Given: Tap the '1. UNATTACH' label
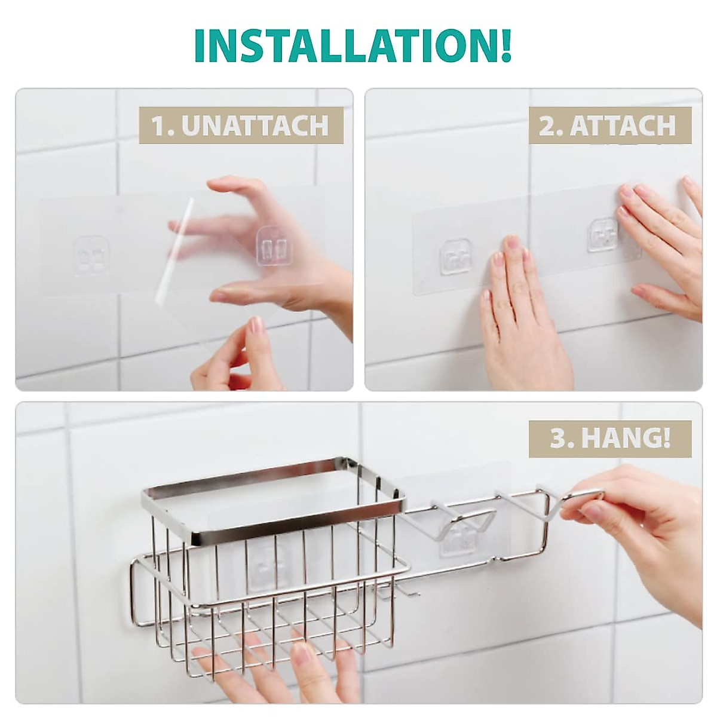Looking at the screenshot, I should click(x=241, y=126).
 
